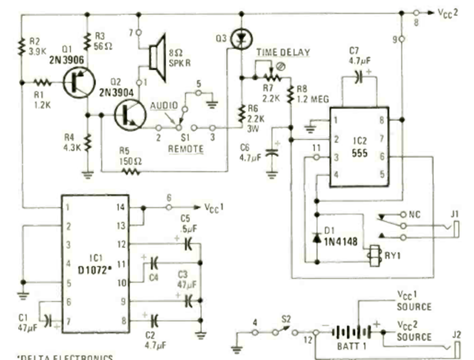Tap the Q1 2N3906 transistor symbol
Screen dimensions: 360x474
[77, 82]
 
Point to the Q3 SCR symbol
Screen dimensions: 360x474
[240, 39]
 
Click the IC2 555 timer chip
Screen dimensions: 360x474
[359, 148]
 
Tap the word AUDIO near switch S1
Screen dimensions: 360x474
[163, 105]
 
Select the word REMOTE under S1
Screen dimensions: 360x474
[186, 150]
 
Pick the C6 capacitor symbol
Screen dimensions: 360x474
[272, 151]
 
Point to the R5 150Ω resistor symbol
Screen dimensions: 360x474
[129, 172]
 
